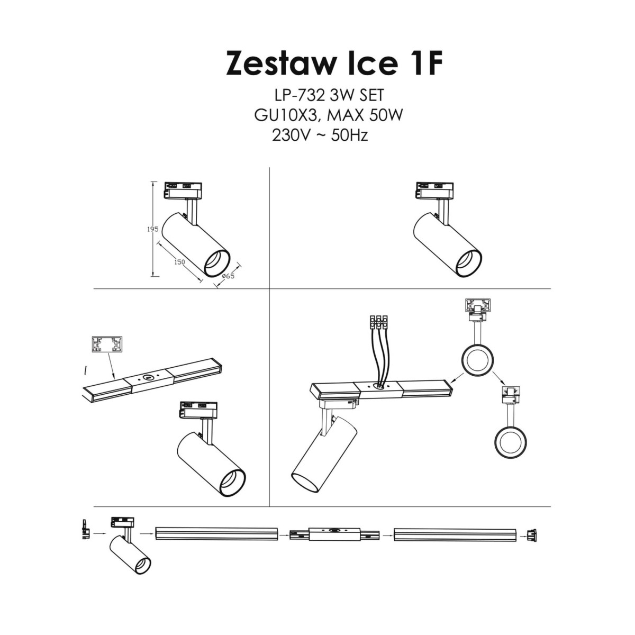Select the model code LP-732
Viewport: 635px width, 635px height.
click(300, 95)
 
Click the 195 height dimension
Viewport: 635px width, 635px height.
click(152, 230)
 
